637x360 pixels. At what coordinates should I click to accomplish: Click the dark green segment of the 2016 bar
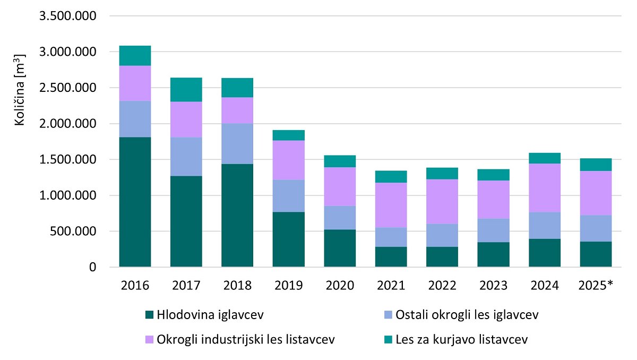135,202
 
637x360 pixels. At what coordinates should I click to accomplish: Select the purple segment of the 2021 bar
391,205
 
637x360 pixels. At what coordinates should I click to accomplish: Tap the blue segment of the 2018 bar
237,144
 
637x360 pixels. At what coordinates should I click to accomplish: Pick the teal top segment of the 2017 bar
186,90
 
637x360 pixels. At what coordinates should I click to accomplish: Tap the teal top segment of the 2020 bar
340,161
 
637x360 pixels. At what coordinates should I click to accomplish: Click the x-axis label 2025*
596,286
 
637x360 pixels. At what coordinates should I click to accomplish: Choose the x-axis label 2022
442,286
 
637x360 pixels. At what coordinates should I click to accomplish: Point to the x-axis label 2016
135,286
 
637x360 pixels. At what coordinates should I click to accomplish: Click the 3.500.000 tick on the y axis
67,16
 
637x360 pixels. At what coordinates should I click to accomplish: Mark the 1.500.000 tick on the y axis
67,160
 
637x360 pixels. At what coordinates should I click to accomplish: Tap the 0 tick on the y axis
92,268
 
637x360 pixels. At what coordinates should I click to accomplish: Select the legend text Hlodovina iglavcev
211,315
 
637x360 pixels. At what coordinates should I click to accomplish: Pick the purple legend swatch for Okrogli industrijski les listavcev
150,339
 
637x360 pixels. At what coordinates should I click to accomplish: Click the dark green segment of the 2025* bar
596,254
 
